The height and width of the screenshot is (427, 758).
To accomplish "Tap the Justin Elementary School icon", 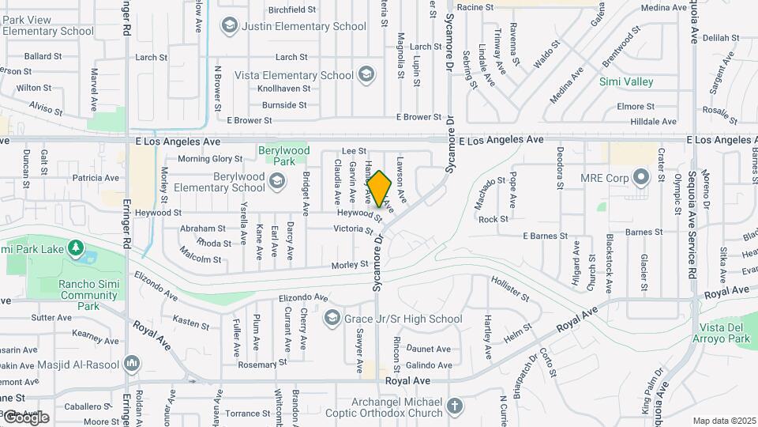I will [x=229, y=26].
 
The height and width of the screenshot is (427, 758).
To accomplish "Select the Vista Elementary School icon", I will [x=365, y=75].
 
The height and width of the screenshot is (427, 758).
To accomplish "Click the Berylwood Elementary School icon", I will [x=277, y=183].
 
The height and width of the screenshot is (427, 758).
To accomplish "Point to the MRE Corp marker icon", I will [x=640, y=177].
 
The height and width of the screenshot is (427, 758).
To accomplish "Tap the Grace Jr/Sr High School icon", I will [x=332, y=319].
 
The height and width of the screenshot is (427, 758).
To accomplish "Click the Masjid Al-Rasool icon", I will [x=131, y=365].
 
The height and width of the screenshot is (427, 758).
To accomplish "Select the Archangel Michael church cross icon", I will [x=454, y=406].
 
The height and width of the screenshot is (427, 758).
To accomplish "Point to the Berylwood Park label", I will [x=284, y=156].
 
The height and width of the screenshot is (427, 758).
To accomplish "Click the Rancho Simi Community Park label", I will [x=88, y=295].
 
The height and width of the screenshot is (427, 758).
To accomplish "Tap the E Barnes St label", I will [x=545, y=236].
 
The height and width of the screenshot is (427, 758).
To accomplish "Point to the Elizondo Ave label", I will [x=303, y=298].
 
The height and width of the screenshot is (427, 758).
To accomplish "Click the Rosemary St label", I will [x=259, y=365].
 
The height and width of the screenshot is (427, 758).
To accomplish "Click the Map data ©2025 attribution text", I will [x=724, y=421].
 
